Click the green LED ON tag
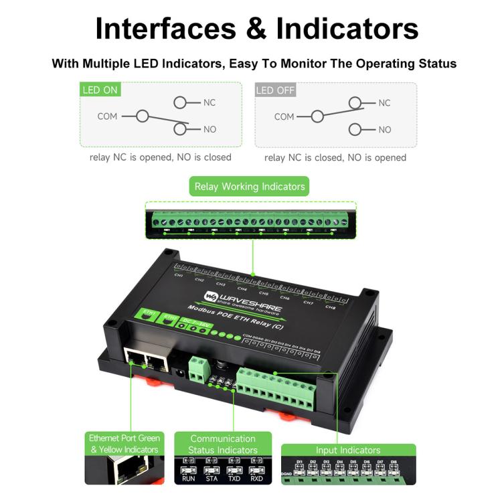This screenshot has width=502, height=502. (x=100, y=90)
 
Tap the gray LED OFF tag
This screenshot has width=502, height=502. (x=275, y=90)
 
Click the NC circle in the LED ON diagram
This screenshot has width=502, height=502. (x=181, y=102)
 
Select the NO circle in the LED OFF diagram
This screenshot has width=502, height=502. (x=355, y=129)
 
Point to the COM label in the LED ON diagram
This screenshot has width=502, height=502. (x=107, y=116)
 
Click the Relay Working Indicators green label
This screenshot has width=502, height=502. (x=250, y=187)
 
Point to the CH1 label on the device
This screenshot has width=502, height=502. (x=178, y=275)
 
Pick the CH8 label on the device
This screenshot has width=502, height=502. (x=330, y=307)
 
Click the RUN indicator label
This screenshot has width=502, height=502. (x=188, y=479)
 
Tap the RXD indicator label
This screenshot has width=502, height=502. (x=255, y=479)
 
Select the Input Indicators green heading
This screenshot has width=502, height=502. (x=348, y=450)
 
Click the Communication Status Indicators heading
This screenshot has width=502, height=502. (x=223, y=444)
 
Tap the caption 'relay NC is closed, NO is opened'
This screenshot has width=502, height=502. (x=335, y=158)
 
